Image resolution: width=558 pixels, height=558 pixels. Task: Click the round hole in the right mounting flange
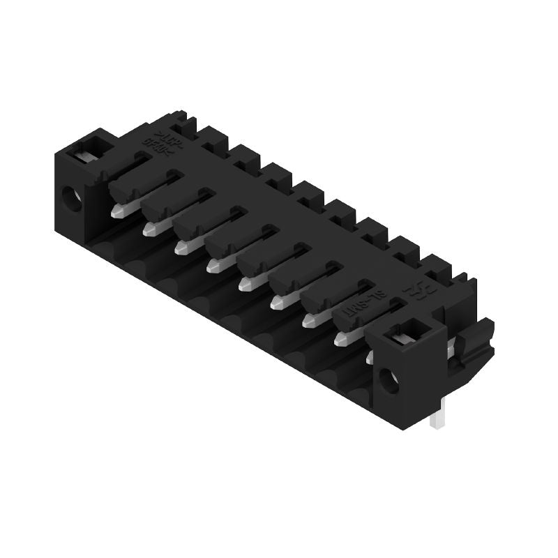388,381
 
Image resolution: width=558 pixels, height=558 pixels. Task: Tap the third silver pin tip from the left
182,246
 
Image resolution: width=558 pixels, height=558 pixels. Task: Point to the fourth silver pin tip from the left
213,265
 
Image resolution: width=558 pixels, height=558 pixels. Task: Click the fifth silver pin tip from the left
245,283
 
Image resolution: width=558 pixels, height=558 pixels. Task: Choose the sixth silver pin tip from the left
277,301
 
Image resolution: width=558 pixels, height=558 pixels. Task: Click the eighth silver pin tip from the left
341,339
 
